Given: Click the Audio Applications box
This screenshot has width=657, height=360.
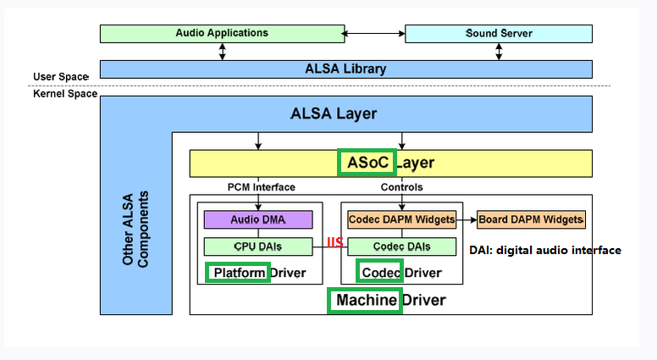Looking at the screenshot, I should pos(222,34).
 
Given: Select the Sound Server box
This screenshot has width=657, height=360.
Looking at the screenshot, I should pos(499,34).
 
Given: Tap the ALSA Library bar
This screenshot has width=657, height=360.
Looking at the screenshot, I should pos(346,69).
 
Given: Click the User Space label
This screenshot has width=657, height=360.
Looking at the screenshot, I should pos(61,77).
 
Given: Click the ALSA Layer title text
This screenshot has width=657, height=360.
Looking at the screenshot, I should pos(334,114).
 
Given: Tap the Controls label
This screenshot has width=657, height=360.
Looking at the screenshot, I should pos(401,187).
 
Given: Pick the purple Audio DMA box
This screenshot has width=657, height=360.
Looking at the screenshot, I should pos(258,219).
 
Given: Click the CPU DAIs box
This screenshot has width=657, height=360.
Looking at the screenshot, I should pos(258,246).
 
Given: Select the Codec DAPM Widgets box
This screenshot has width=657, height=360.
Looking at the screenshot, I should pos(401,219).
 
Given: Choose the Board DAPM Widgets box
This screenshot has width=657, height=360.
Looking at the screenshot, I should pos(531,219).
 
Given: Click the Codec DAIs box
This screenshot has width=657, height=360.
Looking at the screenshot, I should pos(401,246).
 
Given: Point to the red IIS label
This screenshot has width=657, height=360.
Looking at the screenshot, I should pos(334,243).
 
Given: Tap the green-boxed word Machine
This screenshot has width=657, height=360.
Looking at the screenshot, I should pos(365,300).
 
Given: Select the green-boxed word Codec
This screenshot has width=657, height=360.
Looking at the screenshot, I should pos(380,273).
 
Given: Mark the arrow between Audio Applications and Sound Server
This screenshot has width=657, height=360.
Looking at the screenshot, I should pos(374,34).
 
